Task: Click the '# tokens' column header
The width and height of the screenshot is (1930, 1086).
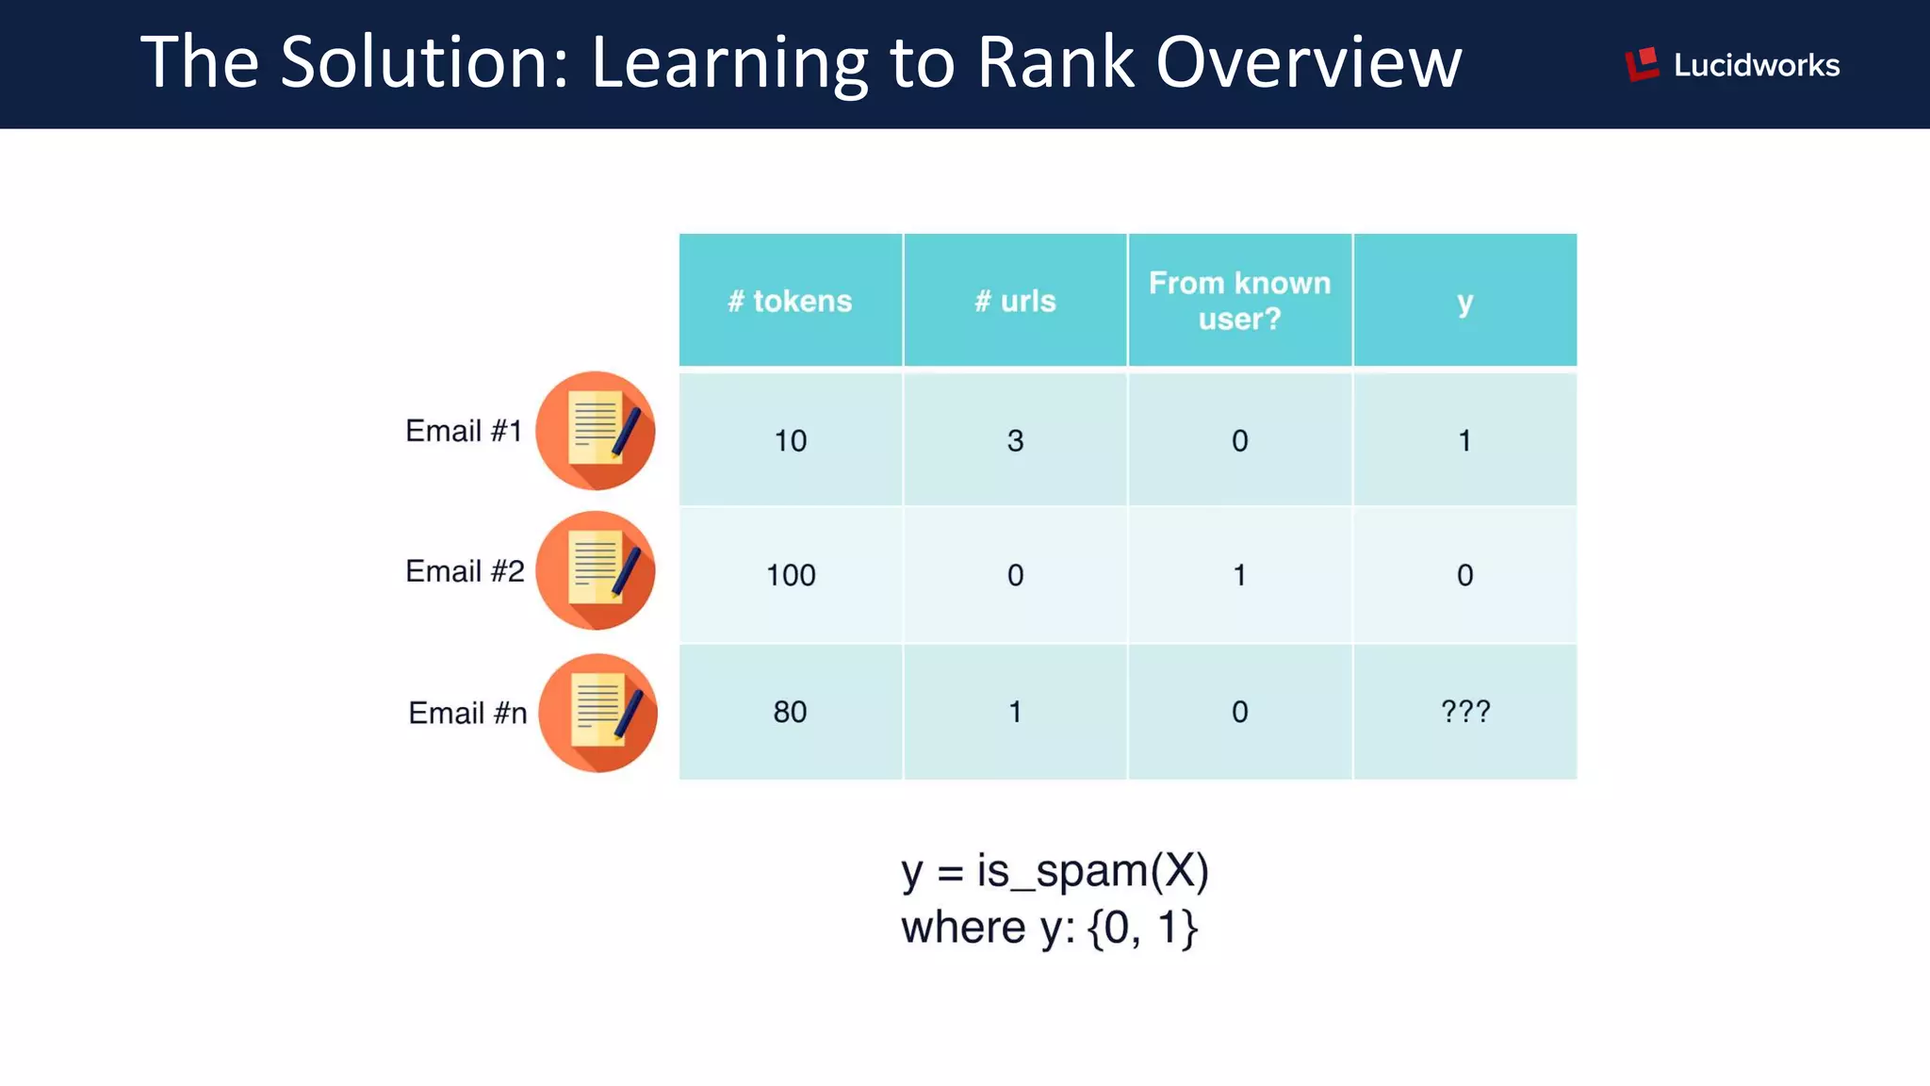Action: click(790, 301)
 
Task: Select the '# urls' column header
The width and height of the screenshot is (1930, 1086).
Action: click(1015, 301)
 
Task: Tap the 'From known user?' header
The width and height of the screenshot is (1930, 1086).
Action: click(1239, 301)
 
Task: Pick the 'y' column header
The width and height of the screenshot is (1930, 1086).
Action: click(1464, 303)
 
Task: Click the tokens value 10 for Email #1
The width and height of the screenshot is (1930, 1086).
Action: click(790, 440)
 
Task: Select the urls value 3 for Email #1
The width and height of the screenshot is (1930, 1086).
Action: click(1015, 440)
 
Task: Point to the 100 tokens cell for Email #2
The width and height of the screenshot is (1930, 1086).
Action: click(790, 574)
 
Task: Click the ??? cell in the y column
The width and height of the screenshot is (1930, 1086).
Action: click(1465, 711)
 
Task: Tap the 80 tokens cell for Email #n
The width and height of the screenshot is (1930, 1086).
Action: click(790, 712)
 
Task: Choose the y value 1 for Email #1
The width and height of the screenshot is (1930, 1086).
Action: click(1464, 440)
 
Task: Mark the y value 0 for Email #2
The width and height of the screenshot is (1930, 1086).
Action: click(1464, 574)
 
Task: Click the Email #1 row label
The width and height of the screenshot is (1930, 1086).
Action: click(464, 431)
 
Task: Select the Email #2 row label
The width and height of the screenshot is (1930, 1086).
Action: click(465, 571)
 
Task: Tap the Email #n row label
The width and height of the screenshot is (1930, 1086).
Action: click(467, 713)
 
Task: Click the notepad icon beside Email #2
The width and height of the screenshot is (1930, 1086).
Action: click(596, 570)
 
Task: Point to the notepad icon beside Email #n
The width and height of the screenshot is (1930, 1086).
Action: click(597, 713)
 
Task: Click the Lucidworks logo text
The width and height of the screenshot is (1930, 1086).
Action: click(1756, 65)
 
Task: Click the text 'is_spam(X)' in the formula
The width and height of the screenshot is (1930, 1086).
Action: click(1092, 870)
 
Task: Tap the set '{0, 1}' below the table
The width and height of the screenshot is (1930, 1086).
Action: click(1142, 928)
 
